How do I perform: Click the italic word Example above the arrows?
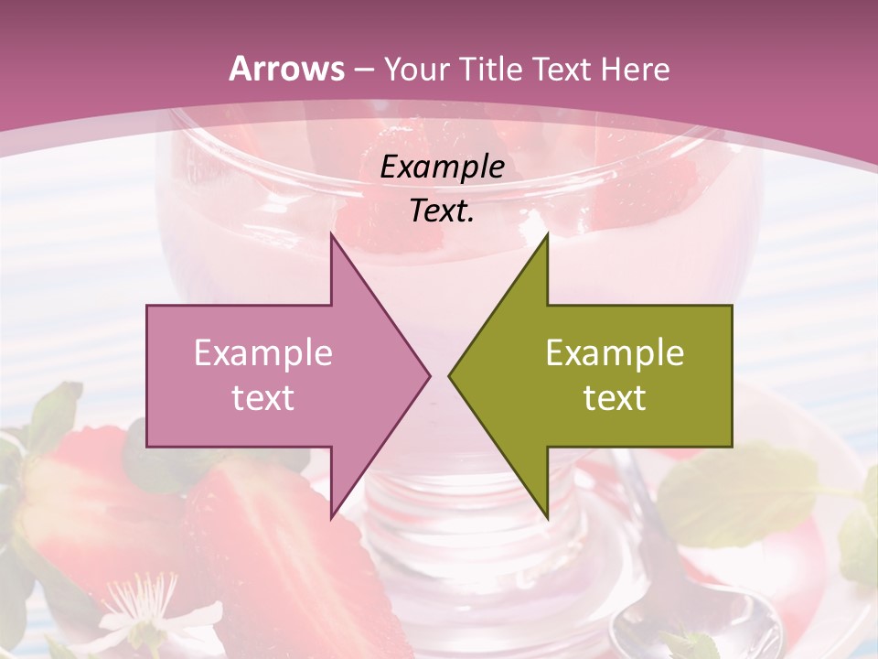[443, 167]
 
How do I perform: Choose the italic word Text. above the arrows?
[443, 211]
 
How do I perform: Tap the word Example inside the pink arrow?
[263, 353]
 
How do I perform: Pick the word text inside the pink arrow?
[263, 398]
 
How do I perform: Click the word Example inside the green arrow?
[615, 353]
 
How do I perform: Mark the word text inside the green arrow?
[615, 398]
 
